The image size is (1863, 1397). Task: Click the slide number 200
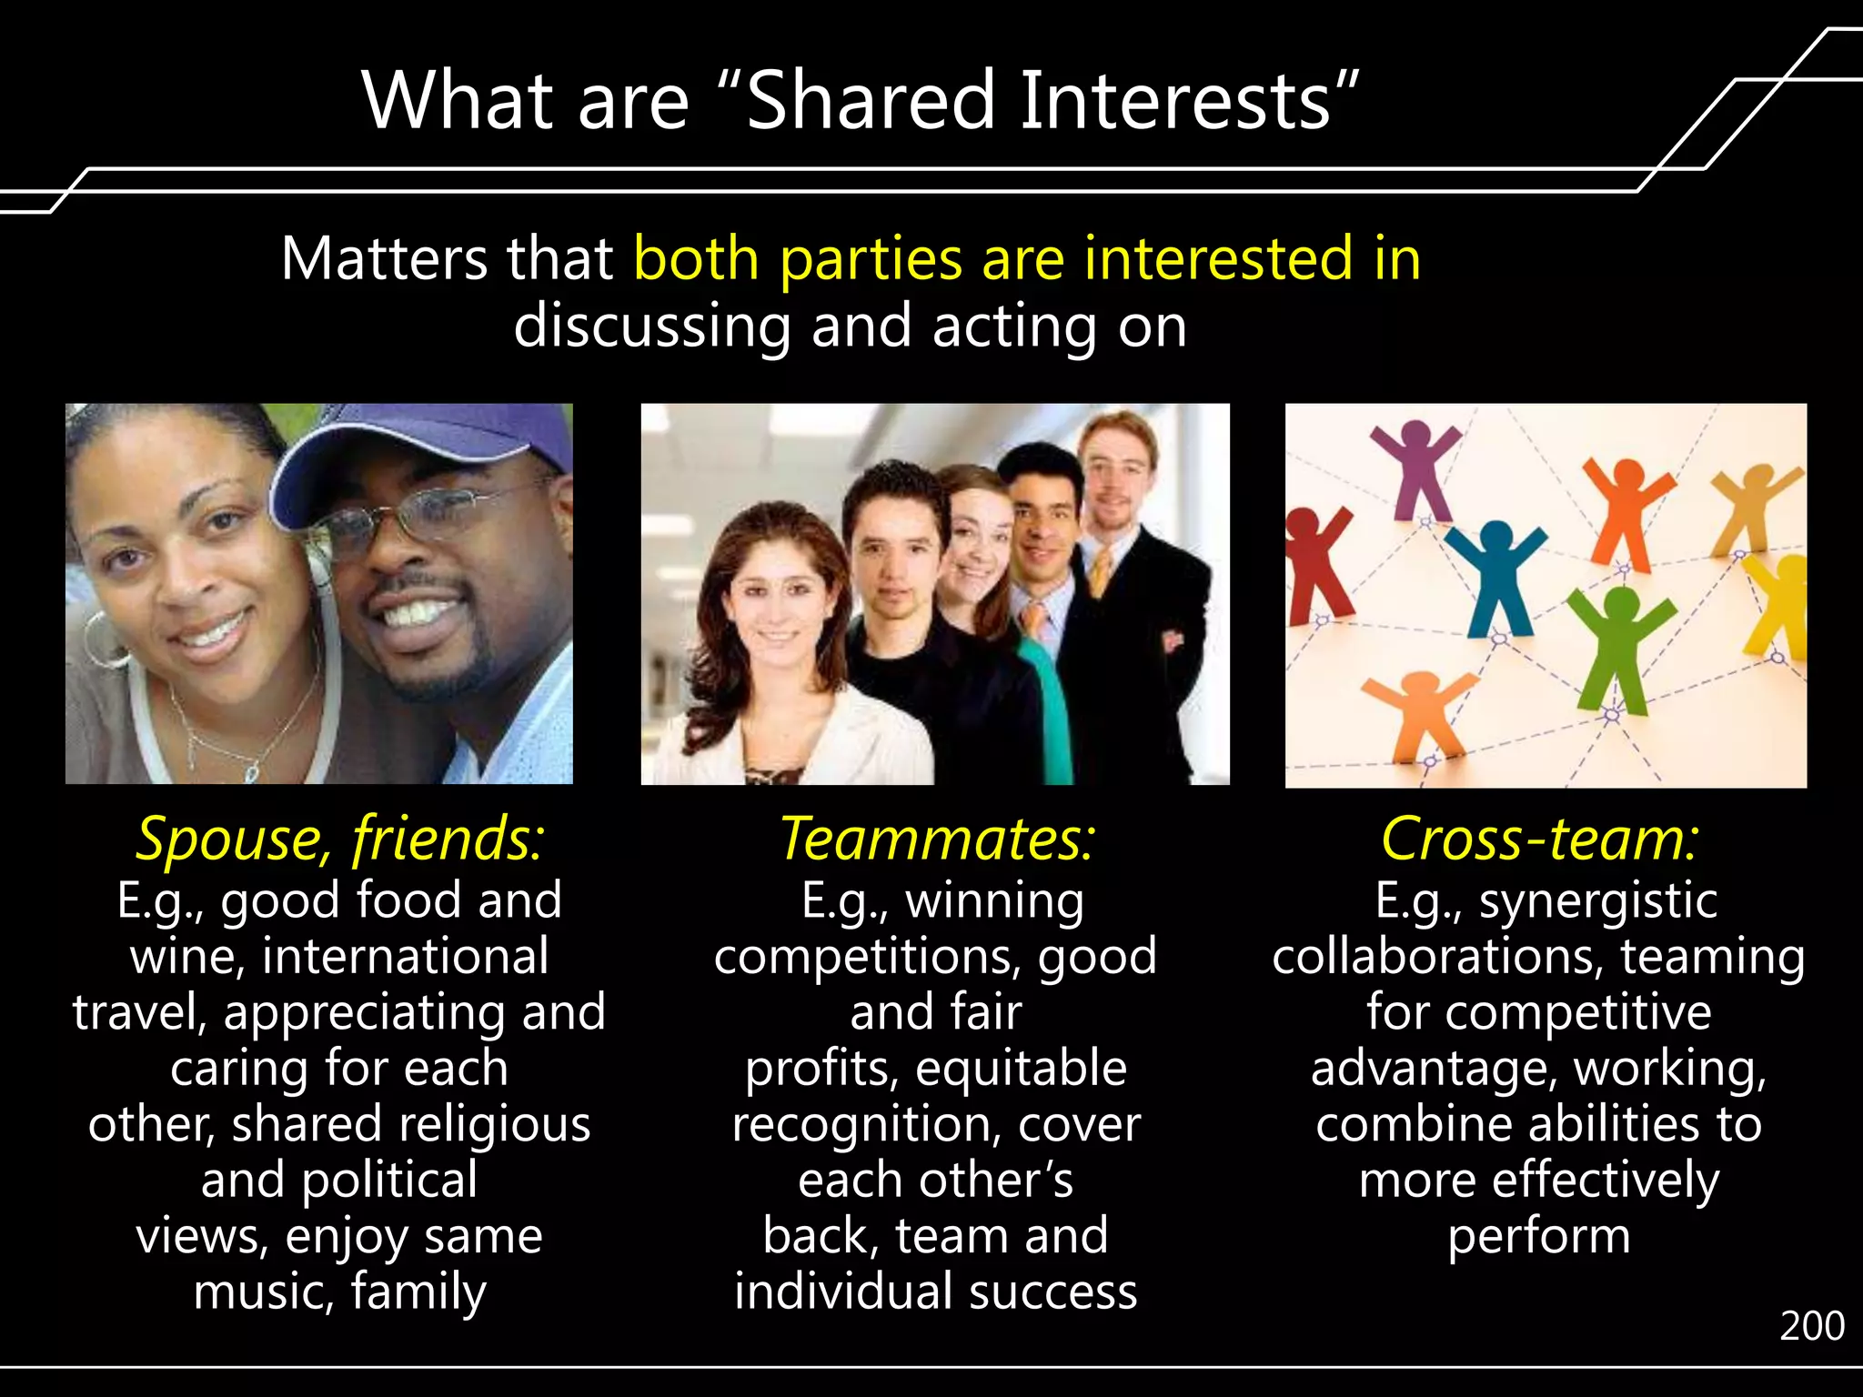(x=1811, y=1326)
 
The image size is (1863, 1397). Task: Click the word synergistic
(x=1597, y=900)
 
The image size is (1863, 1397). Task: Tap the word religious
(x=500, y=1124)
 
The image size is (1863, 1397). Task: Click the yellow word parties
(x=870, y=259)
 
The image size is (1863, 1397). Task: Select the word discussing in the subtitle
(x=651, y=327)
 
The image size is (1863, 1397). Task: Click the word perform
(x=1538, y=1237)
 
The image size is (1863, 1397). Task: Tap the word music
(x=263, y=1291)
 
